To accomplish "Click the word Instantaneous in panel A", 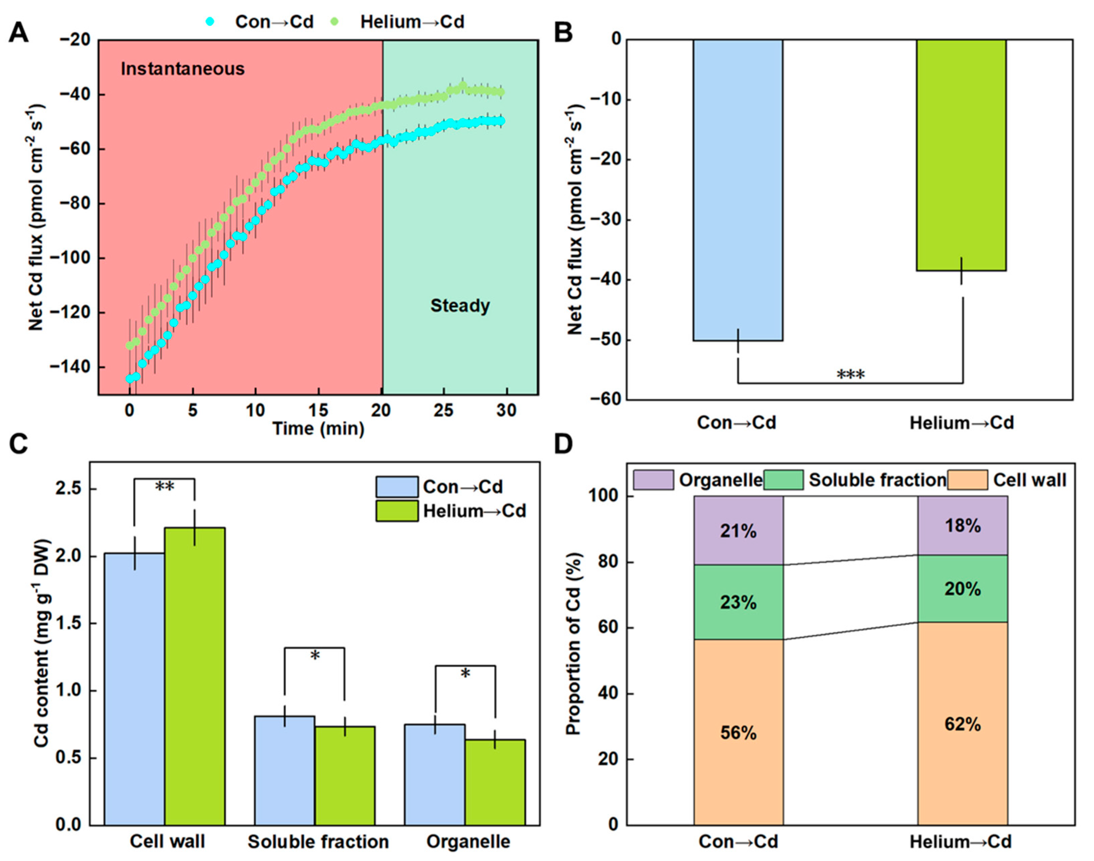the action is click(183, 69).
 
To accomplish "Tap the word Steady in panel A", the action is click(460, 306).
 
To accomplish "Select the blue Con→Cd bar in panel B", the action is click(738, 190).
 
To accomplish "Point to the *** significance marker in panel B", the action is click(851, 374).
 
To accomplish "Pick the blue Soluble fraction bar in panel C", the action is click(285, 771).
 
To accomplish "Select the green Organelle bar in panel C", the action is click(495, 782).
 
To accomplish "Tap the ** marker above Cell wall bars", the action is click(164, 487).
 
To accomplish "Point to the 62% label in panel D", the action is click(962, 724).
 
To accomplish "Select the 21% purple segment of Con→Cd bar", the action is click(738, 531).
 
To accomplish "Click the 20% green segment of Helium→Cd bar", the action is click(962, 589).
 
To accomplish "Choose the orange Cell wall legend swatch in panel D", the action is click(967, 480).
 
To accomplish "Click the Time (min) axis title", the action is click(319, 429).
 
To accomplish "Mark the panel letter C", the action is click(19, 444).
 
